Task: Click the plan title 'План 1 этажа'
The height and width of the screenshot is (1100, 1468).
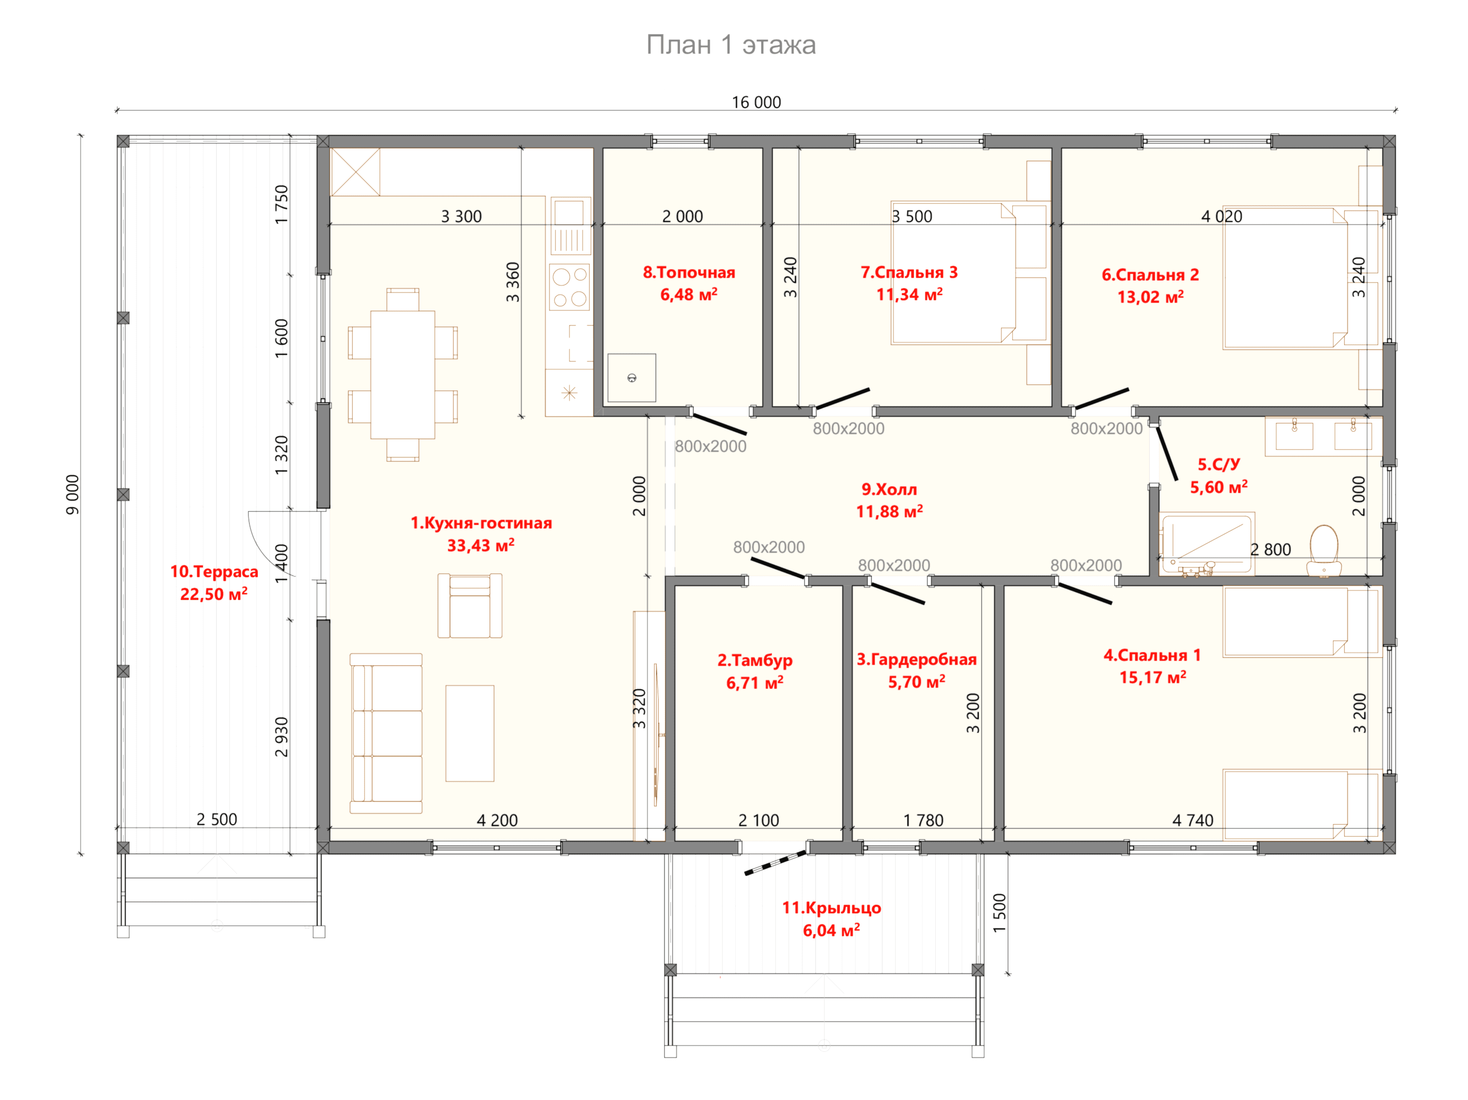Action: click(x=731, y=45)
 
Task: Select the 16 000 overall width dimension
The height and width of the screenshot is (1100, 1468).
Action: click(x=756, y=102)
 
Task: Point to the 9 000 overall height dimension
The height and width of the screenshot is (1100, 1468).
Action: click(x=73, y=494)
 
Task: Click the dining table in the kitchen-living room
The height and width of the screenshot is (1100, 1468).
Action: click(x=402, y=375)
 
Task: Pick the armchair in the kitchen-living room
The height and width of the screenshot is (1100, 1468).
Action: click(x=470, y=606)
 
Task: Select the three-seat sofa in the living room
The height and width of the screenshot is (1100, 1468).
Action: click(x=386, y=733)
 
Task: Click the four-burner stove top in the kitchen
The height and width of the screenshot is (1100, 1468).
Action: click(x=569, y=287)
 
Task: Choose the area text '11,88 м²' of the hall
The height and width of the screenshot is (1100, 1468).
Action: click(x=890, y=512)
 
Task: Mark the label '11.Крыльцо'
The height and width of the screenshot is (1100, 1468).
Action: click(x=832, y=908)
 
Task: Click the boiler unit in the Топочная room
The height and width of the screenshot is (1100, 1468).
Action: click(x=632, y=377)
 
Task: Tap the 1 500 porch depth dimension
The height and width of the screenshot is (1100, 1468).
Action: click(x=1000, y=913)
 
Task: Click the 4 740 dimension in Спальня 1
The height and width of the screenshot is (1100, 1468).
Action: click(x=1192, y=820)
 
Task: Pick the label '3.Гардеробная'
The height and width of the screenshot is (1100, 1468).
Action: click(x=916, y=659)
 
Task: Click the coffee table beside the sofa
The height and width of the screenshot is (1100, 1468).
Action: click(x=470, y=733)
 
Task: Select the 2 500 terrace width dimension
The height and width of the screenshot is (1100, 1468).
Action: click(x=216, y=820)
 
